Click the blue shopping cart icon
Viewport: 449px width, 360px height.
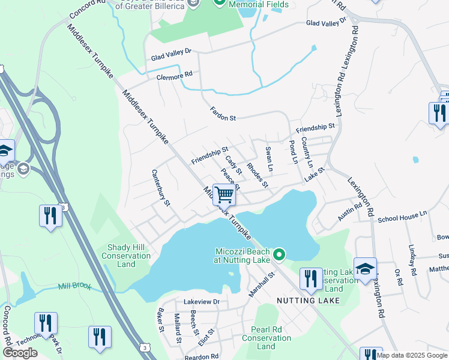[224, 194]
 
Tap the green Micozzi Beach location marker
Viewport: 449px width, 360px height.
[279, 255]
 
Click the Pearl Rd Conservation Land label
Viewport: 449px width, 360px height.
[267, 338]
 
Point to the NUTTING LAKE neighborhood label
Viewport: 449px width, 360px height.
[303, 299]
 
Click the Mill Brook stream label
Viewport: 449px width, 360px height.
[75, 287]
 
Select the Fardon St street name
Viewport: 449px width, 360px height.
[223, 114]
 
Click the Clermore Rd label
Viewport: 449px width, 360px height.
[174, 75]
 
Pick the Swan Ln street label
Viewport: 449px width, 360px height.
[269, 157]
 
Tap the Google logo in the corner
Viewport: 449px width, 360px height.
[20, 352]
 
